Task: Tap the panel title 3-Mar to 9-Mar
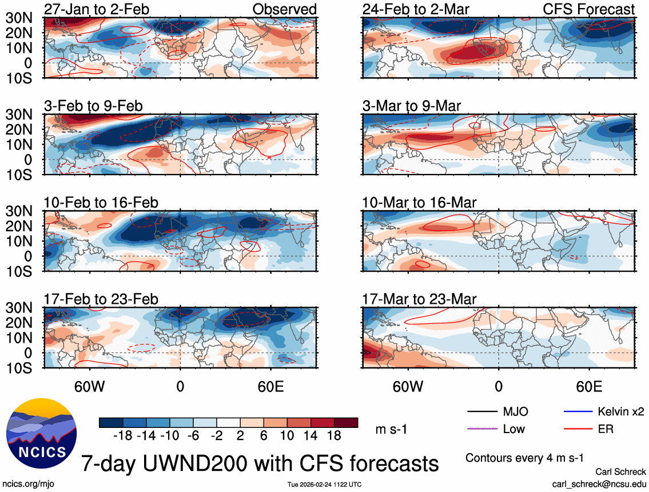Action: [411, 105]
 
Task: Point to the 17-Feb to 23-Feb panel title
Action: [101, 299]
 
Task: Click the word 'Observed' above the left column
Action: [284, 9]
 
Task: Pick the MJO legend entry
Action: [515, 411]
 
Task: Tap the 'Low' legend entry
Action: [513, 428]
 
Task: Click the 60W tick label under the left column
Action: [91, 386]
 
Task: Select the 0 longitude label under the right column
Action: [499, 386]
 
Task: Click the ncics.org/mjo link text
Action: [29, 484]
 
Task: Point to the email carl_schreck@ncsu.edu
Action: [599, 484]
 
